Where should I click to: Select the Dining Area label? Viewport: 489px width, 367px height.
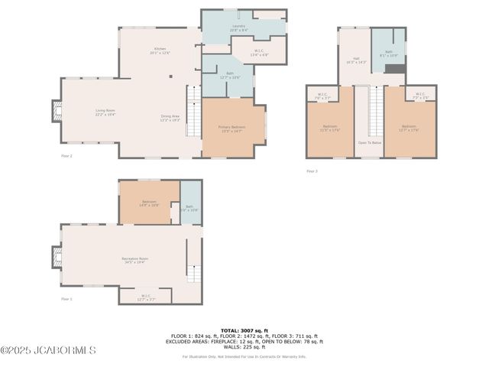(170, 118)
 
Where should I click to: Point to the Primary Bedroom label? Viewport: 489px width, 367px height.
(232, 128)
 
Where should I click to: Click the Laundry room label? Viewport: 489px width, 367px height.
(239, 28)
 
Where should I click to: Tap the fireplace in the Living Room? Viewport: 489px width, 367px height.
(56, 112)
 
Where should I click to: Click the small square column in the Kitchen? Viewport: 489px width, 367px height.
(171, 76)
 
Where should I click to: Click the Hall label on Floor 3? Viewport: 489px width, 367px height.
(357, 60)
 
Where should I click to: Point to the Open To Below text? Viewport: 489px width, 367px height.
(369, 142)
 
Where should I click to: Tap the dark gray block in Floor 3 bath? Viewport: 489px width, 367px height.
(393, 69)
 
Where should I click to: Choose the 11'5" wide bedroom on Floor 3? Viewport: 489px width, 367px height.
(329, 128)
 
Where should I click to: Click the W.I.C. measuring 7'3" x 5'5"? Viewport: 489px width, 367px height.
(420, 97)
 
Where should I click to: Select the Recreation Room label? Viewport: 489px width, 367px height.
(135, 260)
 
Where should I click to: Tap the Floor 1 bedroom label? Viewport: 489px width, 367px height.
(149, 203)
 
